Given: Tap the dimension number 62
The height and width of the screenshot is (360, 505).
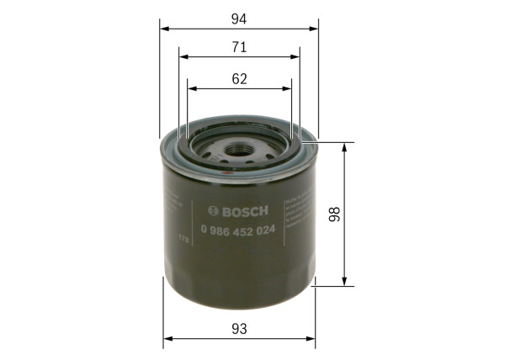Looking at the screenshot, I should pos(239,79).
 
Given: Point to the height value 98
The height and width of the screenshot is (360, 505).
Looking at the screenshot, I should pos(334,214).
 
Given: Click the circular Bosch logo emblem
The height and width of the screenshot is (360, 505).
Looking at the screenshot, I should pos(211,210).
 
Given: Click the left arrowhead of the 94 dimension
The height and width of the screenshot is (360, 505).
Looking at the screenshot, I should pos(163,27).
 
